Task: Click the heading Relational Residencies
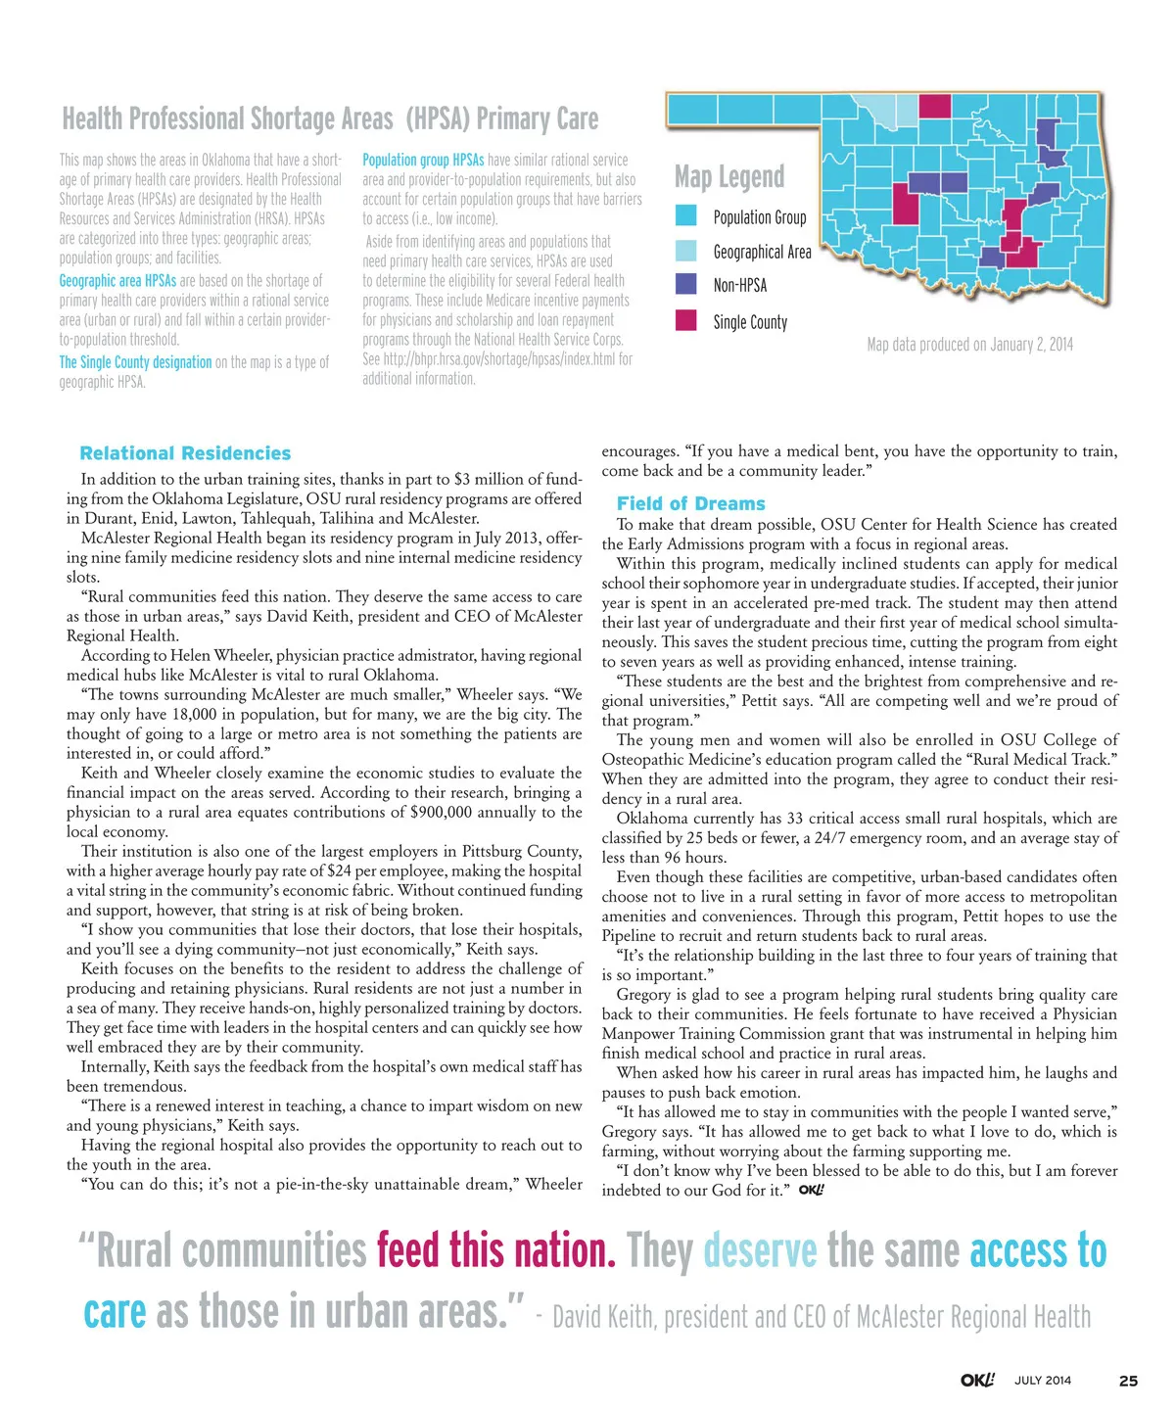185,453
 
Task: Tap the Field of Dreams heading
690,503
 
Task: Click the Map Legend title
729,177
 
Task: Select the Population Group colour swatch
686,215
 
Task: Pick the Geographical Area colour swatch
686,250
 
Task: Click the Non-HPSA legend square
686,284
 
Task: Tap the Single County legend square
686,320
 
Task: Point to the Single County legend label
750,322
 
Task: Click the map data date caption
969,345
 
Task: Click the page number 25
1128,1381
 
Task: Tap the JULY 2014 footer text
1043,1381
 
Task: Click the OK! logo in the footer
976,1380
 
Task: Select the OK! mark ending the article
811,1191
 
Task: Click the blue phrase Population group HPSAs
423,160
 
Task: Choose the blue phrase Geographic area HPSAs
117,281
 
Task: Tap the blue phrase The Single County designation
135,362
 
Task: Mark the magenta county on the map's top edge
934,105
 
